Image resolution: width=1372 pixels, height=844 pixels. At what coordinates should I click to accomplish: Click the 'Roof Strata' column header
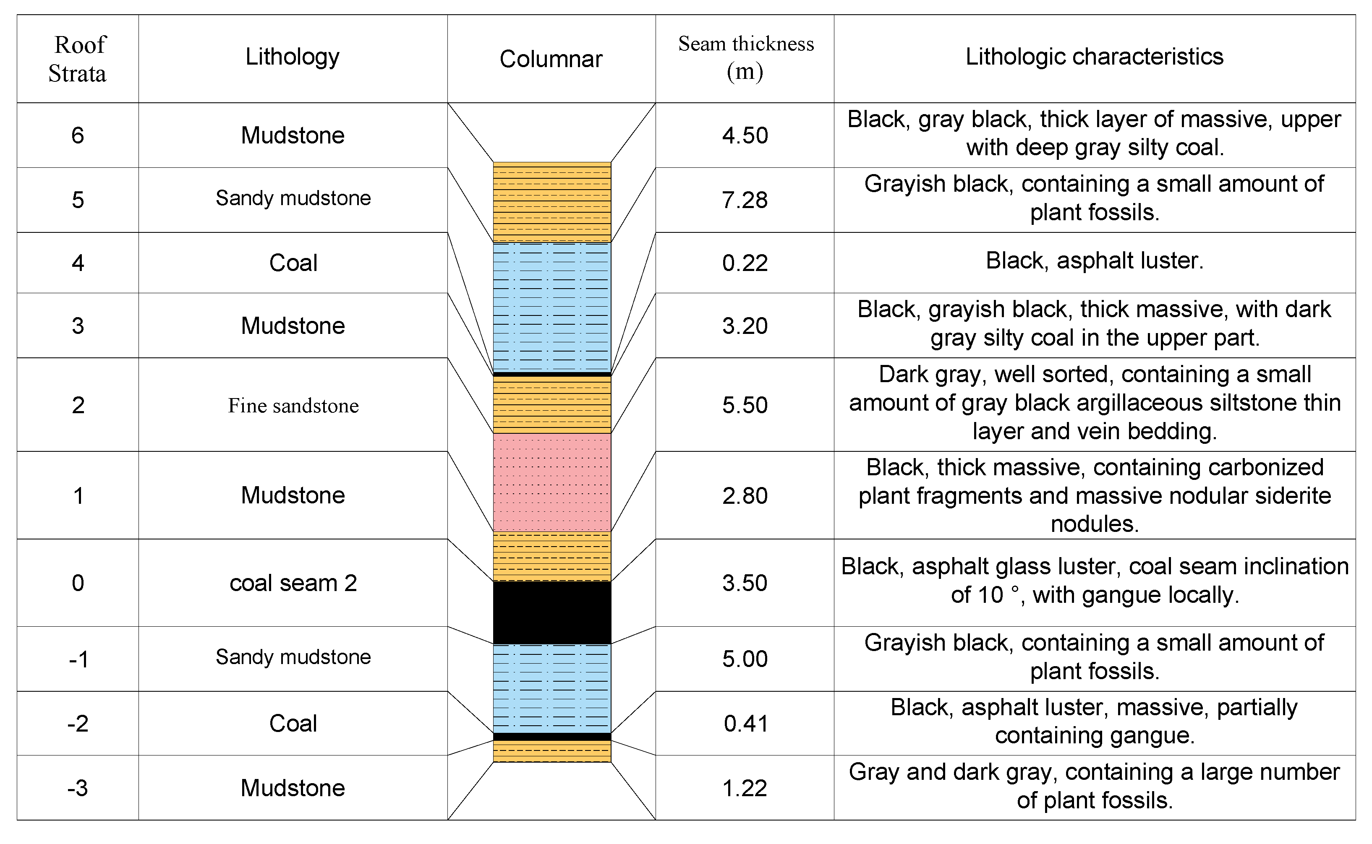pyautogui.click(x=77, y=59)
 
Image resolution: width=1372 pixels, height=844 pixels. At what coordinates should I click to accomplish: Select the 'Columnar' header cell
pyautogui.click(x=551, y=59)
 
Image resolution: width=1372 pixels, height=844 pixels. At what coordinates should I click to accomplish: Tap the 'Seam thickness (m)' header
pyautogui.click(x=745, y=57)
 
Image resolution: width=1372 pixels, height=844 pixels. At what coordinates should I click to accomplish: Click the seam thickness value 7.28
pyautogui.click(x=745, y=200)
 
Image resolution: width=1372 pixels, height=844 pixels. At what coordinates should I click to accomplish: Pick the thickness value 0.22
pyautogui.click(x=745, y=263)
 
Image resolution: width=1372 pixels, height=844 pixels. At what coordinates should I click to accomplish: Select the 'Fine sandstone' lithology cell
pyautogui.click(x=293, y=405)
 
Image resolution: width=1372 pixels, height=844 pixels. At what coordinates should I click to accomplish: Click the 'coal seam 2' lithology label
pyautogui.click(x=293, y=583)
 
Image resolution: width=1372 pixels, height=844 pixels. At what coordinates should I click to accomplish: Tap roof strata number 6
pyautogui.click(x=78, y=135)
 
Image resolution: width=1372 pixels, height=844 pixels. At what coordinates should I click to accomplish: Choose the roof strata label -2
pyautogui.click(x=78, y=724)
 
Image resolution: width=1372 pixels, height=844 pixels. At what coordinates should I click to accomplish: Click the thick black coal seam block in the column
pyautogui.click(x=552, y=612)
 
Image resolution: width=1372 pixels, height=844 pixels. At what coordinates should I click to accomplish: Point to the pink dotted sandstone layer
pyautogui.click(x=552, y=482)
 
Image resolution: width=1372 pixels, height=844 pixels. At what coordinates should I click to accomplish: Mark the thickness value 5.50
pyautogui.click(x=745, y=405)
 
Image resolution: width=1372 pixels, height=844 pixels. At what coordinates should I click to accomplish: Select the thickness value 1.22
pyautogui.click(x=745, y=788)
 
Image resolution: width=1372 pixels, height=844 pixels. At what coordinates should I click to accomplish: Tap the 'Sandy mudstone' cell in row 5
pyautogui.click(x=293, y=198)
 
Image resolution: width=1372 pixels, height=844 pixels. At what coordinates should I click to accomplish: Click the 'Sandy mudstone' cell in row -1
pyautogui.click(x=293, y=657)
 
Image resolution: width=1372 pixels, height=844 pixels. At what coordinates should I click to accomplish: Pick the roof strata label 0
pyautogui.click(x=78, y=583)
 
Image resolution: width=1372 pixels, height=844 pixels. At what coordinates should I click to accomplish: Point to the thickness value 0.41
pyautogui.click(x=745, y=724)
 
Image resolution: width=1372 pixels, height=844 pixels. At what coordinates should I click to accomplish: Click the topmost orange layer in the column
pyautogui.click(x=552, y=202)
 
